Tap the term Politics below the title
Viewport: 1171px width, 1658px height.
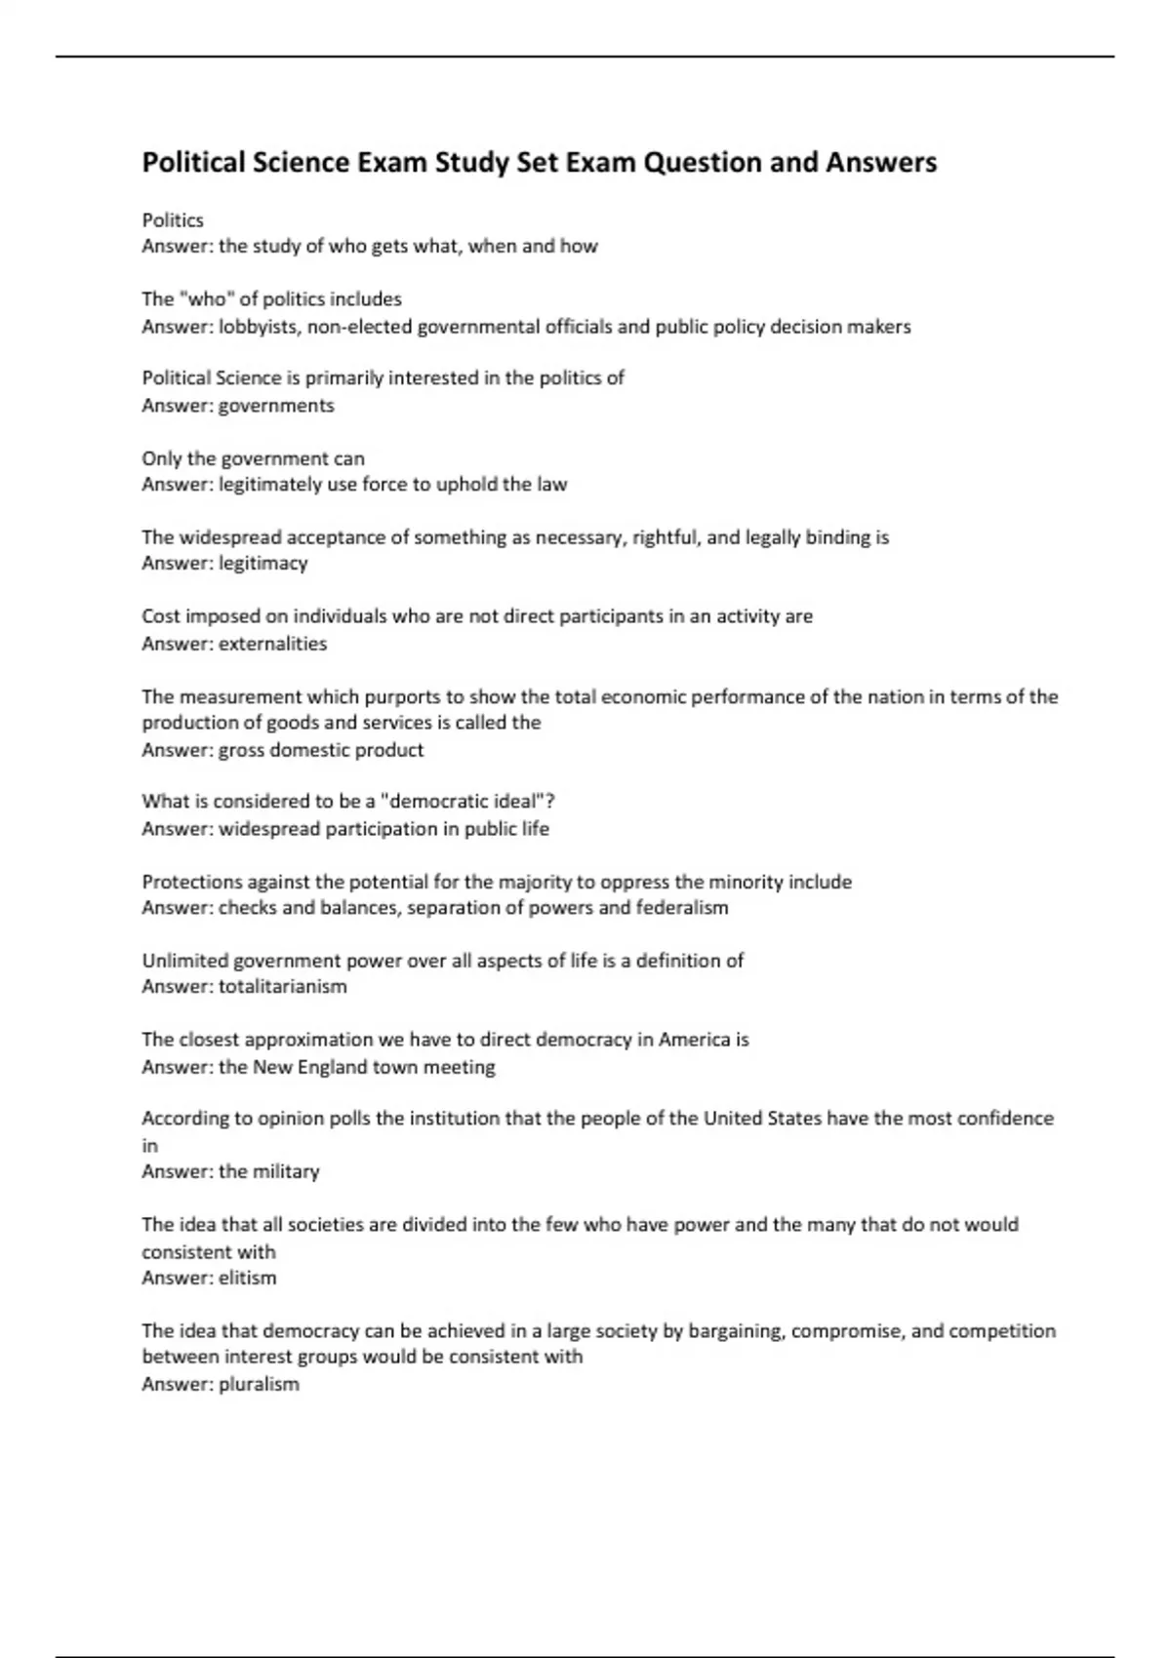(x=173, y=220)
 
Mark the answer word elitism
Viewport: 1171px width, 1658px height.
(x=248, y=1278)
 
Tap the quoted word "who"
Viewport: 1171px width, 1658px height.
(x=208, y=299)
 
